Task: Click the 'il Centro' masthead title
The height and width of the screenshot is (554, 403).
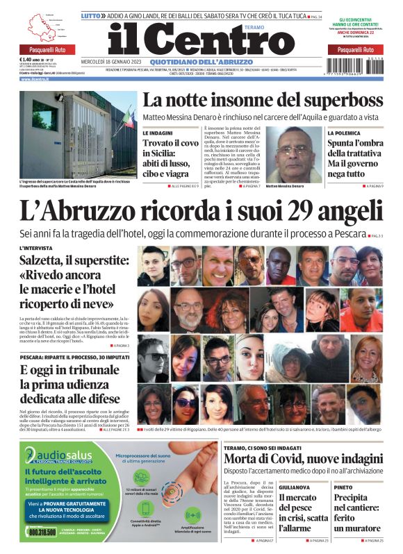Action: coord(201,37)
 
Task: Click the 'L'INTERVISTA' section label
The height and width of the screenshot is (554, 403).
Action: coord(35,248)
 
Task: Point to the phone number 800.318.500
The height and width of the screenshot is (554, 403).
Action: coord(44,531)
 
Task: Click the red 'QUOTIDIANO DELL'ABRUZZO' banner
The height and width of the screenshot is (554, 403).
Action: coord(201,61)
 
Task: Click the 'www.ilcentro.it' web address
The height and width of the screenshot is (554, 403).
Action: coord(35,78)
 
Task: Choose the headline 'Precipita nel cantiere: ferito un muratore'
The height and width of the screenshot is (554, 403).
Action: coord(365,512)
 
